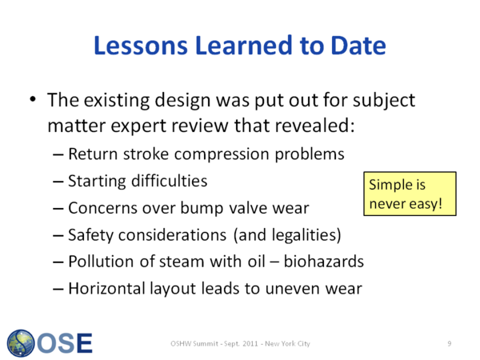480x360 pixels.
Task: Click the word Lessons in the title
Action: click(141, 46)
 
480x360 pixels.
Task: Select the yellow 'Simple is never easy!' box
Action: click(410, 194)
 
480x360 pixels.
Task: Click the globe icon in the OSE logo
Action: click(21, 343)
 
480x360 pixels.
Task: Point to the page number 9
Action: click(450, 343)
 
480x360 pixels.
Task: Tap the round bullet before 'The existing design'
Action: click(33, 99)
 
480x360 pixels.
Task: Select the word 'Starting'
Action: click(97, 182)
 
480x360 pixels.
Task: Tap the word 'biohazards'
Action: click(324, 262)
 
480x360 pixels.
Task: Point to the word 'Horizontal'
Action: click(106, 288)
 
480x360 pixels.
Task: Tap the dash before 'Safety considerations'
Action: click(58, 235)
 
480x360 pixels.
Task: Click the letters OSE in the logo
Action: click(65, 343)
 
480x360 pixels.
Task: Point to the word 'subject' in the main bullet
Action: click(384, 101)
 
